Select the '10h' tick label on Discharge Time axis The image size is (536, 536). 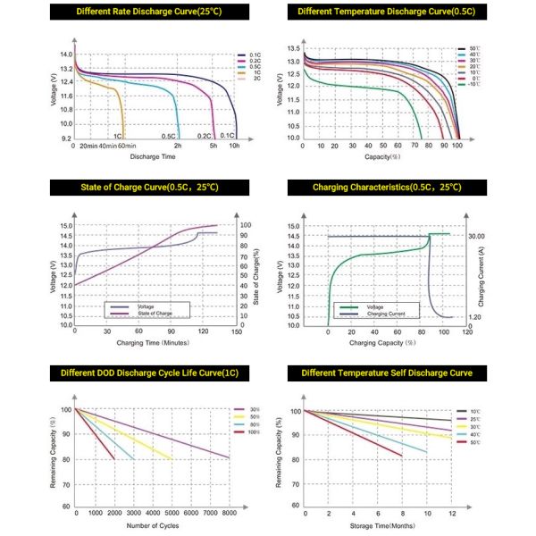coord(234,146)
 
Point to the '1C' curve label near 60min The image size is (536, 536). coord(117,136)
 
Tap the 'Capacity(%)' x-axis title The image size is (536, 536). coord(381,156)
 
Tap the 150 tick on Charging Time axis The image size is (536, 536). coord(235,331)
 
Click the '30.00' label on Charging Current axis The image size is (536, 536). coord(475,236)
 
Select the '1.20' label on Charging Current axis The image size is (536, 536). coord(475,316)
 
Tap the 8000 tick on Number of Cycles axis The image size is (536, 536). coord(229,515)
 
